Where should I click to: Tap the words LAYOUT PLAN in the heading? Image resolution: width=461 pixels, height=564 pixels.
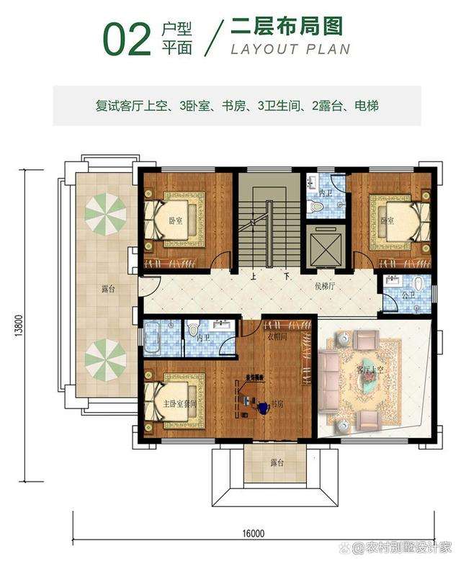290,50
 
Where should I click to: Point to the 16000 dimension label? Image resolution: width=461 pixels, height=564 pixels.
254,533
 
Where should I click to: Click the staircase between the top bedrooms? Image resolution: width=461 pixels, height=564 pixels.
266,223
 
